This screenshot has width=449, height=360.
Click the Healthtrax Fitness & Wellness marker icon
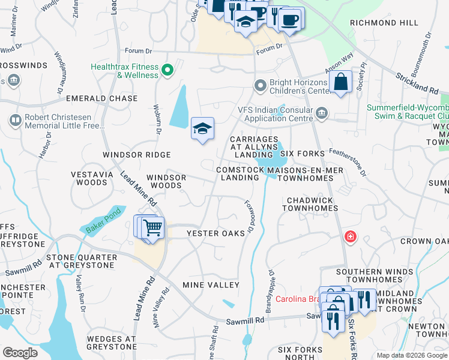(167, 71)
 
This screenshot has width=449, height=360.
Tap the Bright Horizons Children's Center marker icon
(261, 86)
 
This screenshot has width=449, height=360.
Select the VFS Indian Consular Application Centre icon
(322, 113)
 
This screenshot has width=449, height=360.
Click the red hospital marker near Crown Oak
(349, 238)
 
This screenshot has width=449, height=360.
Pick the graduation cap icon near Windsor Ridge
(203, 128)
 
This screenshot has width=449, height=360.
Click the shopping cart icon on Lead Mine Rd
(153, 227)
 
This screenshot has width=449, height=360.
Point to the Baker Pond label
(103, 222)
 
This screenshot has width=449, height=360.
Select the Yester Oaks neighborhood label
(215, 233)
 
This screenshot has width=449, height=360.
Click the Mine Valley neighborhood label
(211, 285)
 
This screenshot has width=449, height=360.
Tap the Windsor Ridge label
(137, 155)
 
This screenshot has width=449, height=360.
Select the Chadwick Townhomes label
(312, 204)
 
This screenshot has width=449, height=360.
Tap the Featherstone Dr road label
(348, 163)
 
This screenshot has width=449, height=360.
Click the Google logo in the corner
(20, 353)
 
